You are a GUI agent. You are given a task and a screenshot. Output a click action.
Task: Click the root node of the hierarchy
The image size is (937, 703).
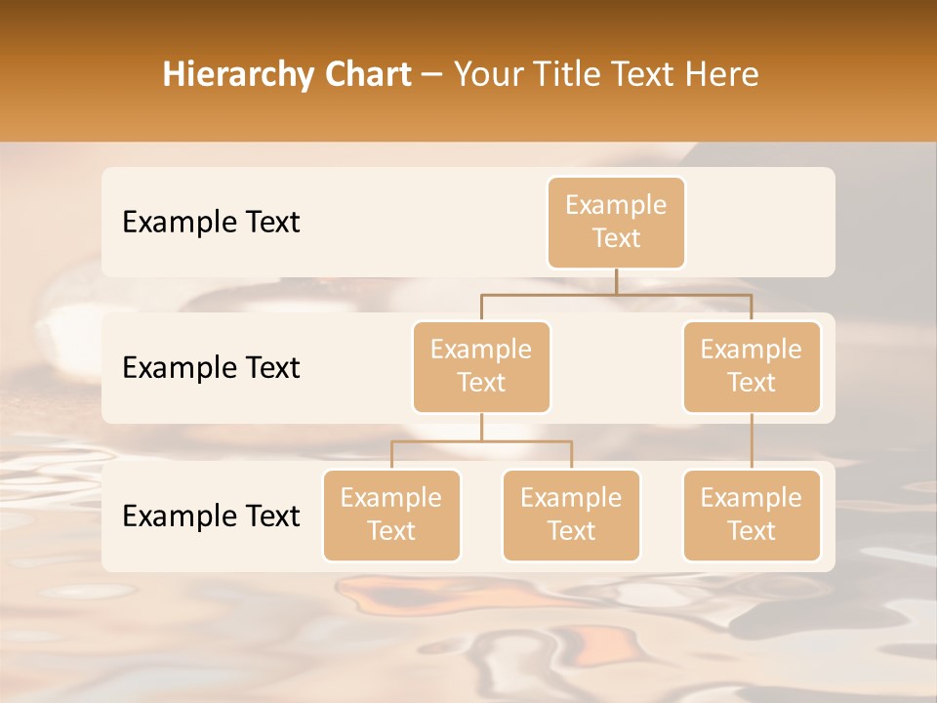pos(616,222)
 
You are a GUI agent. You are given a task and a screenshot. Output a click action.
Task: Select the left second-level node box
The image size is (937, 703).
pos(481,366)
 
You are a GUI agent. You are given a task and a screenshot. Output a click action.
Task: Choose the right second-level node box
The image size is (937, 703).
pos(752,366)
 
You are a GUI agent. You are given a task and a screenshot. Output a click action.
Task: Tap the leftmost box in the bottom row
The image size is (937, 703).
pos(391,515)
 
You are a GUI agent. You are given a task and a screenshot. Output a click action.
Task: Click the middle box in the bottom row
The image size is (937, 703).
pos(571,515)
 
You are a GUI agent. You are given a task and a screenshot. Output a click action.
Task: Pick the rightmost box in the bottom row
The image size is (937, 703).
pos(752,515)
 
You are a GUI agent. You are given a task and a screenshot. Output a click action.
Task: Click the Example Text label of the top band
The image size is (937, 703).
pos(211,223)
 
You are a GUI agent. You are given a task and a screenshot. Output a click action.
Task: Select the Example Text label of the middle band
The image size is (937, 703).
pos(211,368)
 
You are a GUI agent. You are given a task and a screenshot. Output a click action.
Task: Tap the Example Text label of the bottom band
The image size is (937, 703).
pos(211,516)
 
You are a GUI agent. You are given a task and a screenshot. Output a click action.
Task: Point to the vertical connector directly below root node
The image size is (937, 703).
pos(616,281)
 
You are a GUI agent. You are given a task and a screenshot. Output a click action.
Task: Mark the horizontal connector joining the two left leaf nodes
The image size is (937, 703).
pos(481,441)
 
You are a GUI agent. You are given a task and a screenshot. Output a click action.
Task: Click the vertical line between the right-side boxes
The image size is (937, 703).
pos(752,441)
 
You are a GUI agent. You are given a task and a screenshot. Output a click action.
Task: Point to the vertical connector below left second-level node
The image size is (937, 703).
pos(481,428)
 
